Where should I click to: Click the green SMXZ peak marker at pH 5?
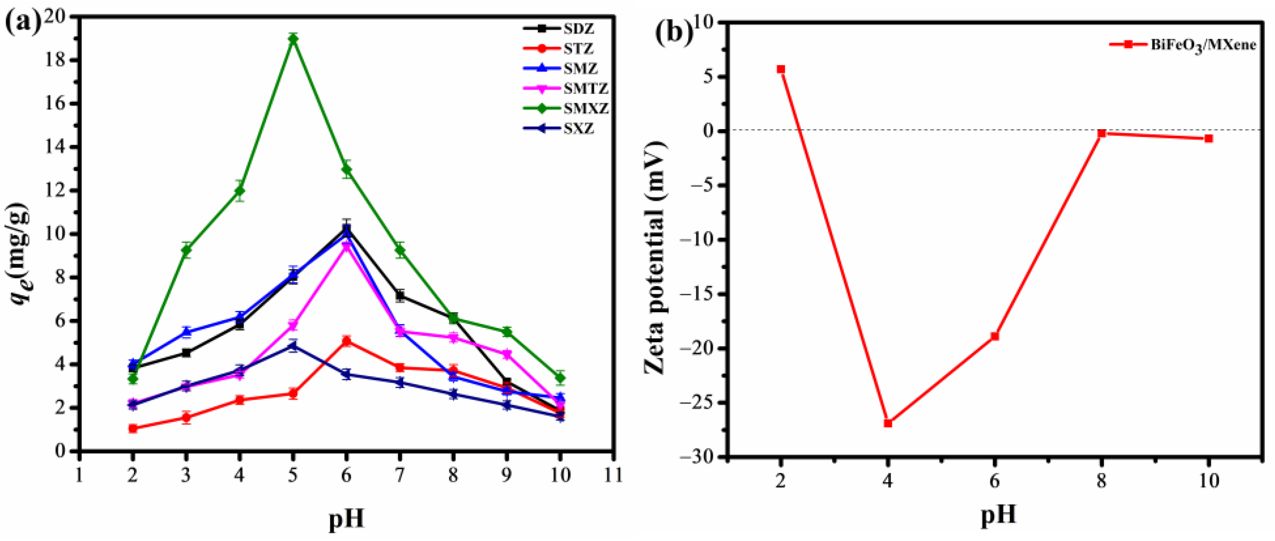[293, 39]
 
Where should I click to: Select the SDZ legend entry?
[578, 29]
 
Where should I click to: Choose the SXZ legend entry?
[578, 129]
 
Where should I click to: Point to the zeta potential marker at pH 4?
[888, 423]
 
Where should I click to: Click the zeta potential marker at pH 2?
[781, 69]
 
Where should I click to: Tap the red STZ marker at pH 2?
[133, 428]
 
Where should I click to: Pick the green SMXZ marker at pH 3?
[186, 250]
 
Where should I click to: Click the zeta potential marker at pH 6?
[995, 336]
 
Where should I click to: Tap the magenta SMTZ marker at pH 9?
[507, 354]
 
